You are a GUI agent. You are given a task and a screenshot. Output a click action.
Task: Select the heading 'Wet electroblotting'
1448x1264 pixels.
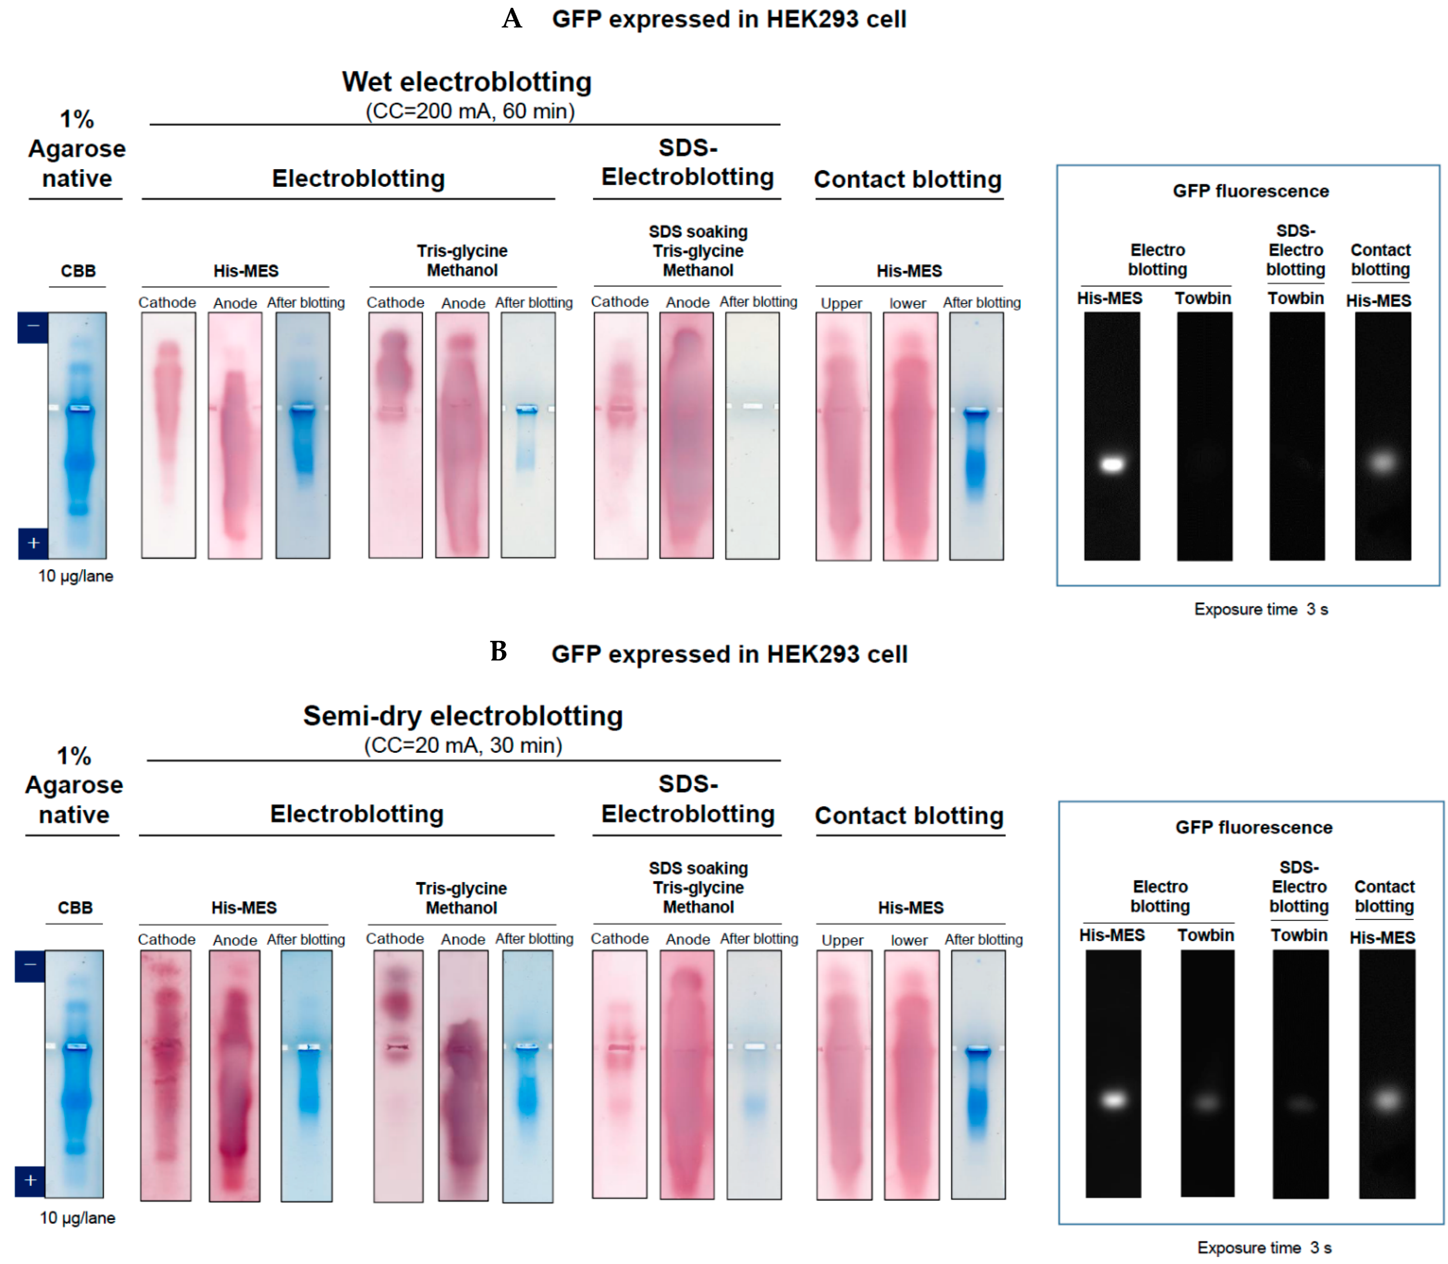point(467,82)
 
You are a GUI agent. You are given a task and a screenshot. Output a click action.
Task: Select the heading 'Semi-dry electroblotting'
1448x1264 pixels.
point(463,716)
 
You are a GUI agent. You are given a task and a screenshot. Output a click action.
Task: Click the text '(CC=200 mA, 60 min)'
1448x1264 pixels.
point(470,112)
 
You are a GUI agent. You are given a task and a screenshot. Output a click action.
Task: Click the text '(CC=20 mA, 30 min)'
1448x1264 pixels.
point(463,746)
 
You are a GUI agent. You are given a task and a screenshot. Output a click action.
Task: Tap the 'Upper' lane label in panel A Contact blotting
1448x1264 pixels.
point(841,303)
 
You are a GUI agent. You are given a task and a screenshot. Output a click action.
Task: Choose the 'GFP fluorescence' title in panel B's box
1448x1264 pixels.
point(1254,827)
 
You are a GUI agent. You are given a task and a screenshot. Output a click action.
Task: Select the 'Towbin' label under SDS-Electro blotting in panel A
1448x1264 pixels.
point(1296,298)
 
